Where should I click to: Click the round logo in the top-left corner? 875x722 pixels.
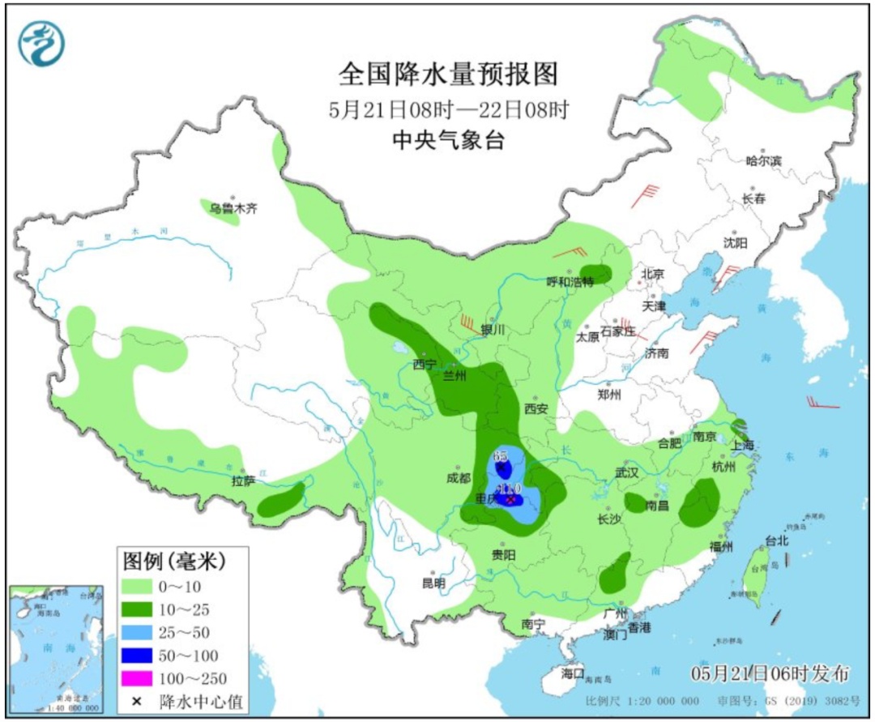click(41, 42)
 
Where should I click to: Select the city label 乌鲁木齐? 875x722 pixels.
click(233, 208)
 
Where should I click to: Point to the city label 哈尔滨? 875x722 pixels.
click(763, 160)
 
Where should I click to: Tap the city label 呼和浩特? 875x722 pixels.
click(570, 282)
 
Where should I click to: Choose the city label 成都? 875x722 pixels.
click(459, 477)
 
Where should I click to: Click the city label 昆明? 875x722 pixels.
click(433, 583)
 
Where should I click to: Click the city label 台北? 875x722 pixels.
click(776, 540)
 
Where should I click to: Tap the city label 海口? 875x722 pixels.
click(572, 673)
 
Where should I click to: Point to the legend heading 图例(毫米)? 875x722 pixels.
click(173, 560)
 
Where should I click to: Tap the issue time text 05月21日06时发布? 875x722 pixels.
click(770, 673)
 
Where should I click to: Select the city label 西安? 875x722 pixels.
click(536, 408)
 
